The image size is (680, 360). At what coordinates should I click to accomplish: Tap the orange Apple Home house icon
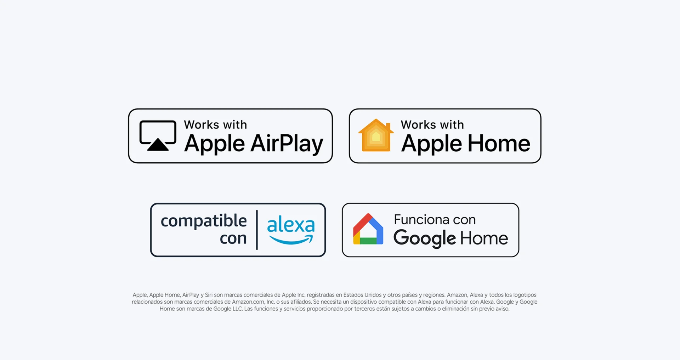[x=376, y=135]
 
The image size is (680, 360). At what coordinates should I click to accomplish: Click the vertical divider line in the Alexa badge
[x=257, y=230]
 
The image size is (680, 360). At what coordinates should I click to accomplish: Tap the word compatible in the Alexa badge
[x=204, y=221]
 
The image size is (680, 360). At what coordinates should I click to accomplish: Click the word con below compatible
[x=233, y=238]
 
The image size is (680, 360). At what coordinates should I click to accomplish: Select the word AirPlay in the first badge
[x=287, y=144]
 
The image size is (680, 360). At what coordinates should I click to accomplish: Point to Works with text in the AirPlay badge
[x=215, y=125]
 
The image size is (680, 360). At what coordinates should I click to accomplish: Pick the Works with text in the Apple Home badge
[x=432, y=125]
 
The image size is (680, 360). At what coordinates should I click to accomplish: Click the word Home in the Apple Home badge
[x=499, y=144]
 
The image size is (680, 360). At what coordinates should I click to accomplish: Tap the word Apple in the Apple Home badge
[x=431, y=144]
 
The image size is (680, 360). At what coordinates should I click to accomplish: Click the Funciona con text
[x=435, y=220]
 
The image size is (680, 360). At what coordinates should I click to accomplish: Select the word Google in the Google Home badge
[x=425, y=238]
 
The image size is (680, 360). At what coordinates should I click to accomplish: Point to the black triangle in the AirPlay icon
[x=158, y=145]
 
